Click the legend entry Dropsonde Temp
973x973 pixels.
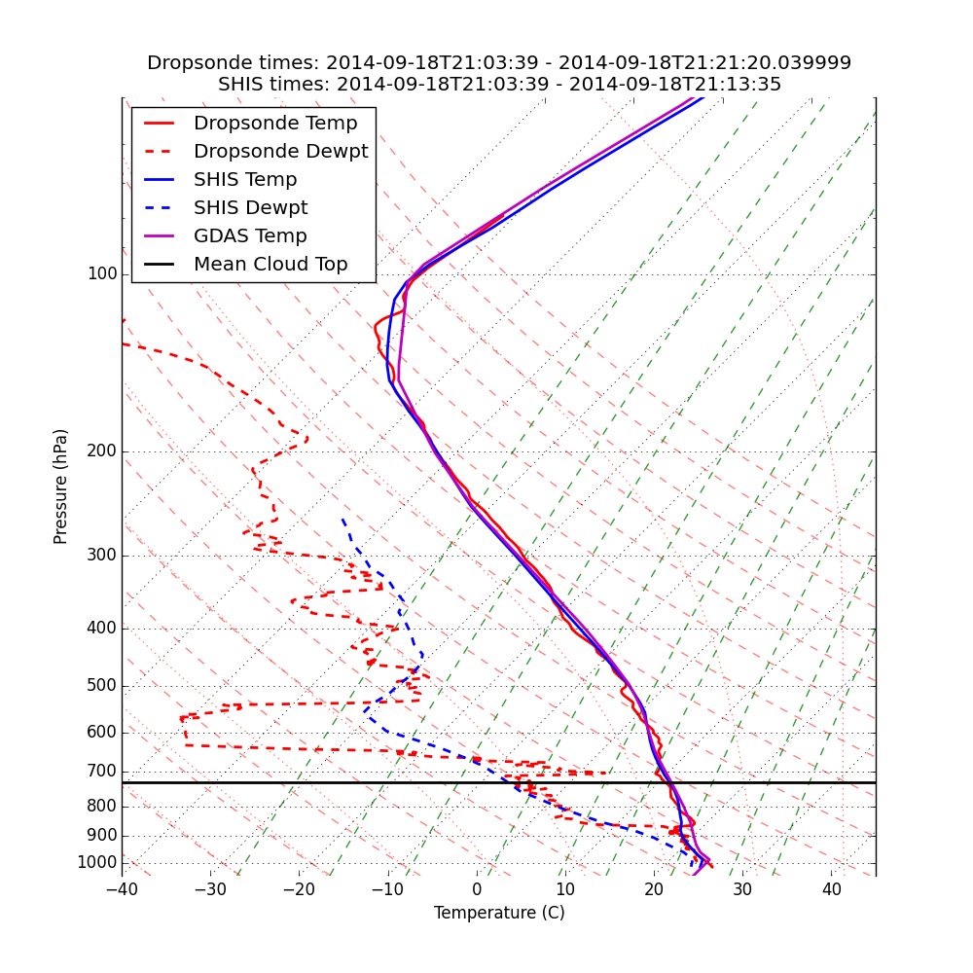(x=275, y=124)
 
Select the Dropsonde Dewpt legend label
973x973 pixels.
(x=280, y=152)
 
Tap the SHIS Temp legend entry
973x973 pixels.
(x=245, y=180)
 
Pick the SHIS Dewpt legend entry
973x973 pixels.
(x=250, y=208)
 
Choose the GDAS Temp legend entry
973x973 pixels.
(x=250, y=236)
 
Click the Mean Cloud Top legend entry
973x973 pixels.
(x=270, y=265)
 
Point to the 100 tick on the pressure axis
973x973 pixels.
(x=102, y=274)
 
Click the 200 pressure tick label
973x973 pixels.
(x=102, y=451)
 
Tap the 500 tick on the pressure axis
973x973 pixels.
(x=102, y=686)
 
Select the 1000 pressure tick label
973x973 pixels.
(x=97, y=863)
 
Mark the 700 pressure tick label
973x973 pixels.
(x=102, y=772)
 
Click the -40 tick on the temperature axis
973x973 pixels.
(x=122, y=889)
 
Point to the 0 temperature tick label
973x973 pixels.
(x=477, y=889)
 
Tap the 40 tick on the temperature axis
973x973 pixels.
(x=831, y=889)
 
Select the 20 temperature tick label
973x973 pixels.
(x=654, y=889)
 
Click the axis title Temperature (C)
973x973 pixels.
(x=499, y=913)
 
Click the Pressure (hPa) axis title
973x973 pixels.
(x=61, y=486)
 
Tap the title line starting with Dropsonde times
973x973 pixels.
(x=499, y=63)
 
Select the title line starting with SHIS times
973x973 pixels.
(x=499, y=85)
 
